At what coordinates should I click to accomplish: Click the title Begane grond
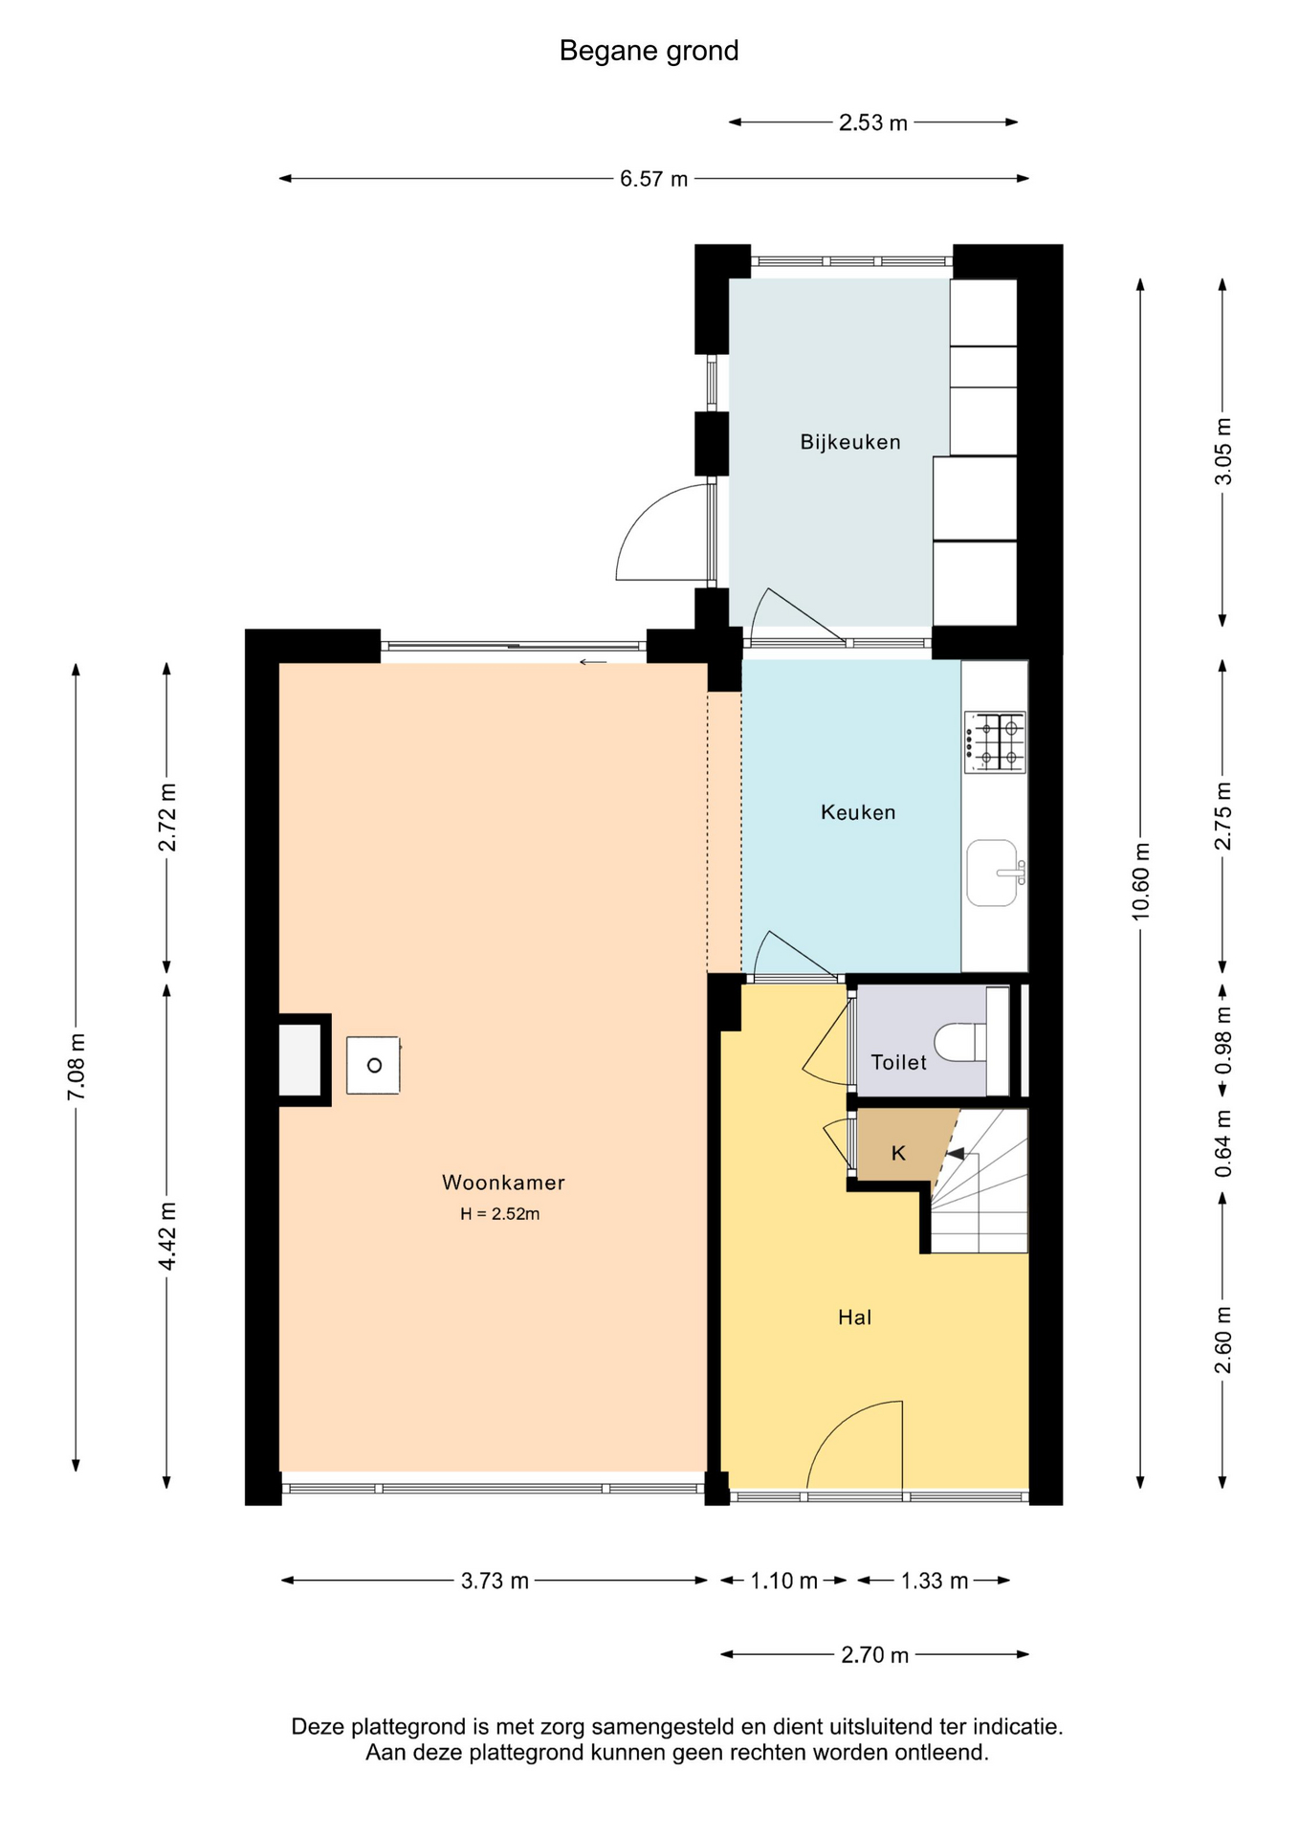point(649,51)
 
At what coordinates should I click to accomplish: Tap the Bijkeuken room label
point(850,442)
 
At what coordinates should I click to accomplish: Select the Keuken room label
point(858,812)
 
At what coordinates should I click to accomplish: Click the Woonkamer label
point(503,1183)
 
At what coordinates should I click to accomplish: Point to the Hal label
point(854,1317)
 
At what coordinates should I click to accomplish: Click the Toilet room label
point(898,1062)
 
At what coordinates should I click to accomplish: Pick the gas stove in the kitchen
point(995,742)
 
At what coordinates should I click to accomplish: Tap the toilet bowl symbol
point(960,1042)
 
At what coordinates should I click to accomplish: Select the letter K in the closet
point(898,1153)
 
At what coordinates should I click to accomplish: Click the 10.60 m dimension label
point(1140,882)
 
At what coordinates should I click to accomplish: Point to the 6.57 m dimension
point(653,179)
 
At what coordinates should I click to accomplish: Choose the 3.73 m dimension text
point(495,1581)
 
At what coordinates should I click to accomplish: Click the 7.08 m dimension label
point(77,1067)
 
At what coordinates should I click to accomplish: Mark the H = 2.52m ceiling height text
point(499,1214)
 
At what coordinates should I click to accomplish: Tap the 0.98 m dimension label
point(1222,1040)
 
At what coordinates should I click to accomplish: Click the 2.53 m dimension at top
point(873,122)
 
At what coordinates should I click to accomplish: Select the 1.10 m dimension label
point(783,1581)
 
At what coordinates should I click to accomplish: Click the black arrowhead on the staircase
point(955,1155)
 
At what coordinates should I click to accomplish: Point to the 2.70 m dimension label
point(874,1655)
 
